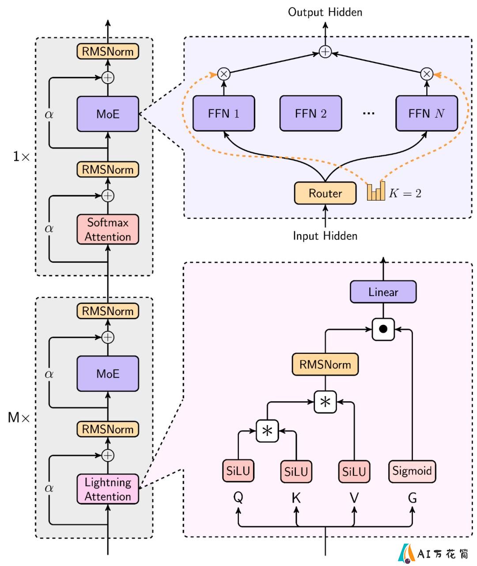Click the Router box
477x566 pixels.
[325, 193]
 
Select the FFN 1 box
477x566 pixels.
[223, 113]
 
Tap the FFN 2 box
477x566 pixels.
[310, 113]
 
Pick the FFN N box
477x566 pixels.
[426, 113]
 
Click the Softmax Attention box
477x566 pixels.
[108, 229]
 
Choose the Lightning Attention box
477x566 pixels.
[108, 489]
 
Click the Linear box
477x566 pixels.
[383, 292]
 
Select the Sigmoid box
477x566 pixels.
[412, 471]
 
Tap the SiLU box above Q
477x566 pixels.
[238, 471]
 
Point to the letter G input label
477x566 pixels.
[412, 498]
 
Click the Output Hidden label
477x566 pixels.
[325, 12]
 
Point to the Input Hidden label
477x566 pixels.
[325, 236]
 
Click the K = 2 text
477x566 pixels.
[405, 193]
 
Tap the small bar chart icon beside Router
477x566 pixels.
[376, 191]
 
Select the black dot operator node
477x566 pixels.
[383, 329]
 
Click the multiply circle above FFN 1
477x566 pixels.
[223, 74]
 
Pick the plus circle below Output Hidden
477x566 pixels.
[325, 52]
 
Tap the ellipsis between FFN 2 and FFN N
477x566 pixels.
[368, 113]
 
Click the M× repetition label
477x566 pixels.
[19, 418]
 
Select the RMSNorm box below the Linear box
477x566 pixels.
[325, 365]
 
